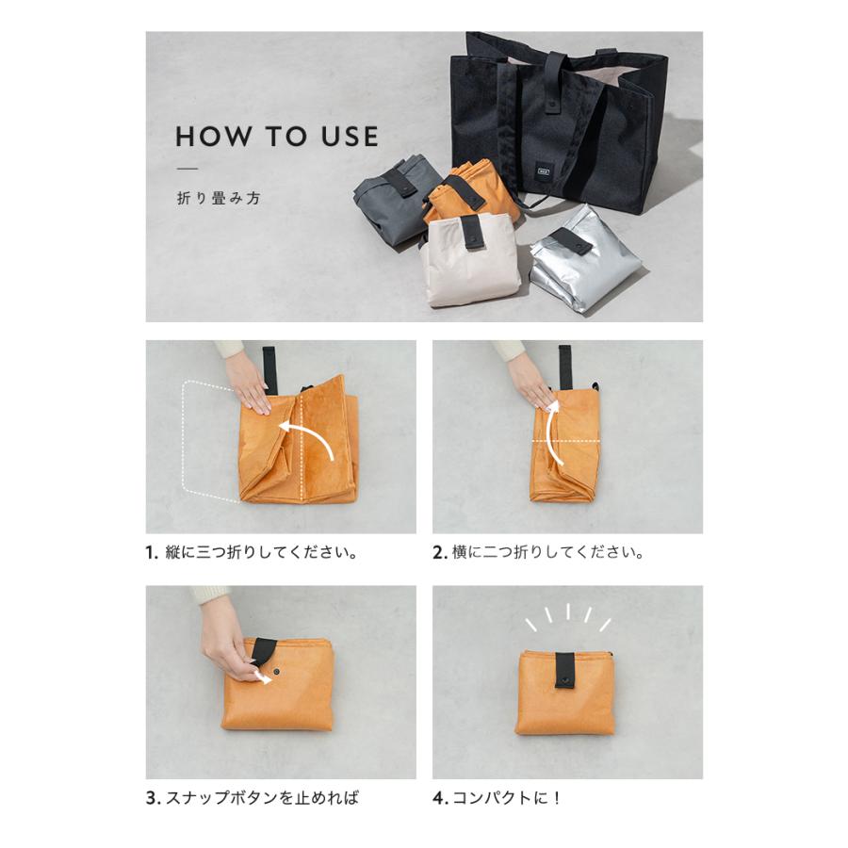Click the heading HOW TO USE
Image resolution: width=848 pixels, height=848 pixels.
pyautogui.click(x=277, y=137)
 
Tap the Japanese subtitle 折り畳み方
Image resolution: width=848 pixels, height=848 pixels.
pyautogui.click(x=219, y=199)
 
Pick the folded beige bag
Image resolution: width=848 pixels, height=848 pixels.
pyautogui.click(x=470, y=261)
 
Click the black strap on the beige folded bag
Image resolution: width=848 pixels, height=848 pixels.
pyautogui.click(x=472, y=233)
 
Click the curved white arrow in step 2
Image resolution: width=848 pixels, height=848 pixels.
pyautogui.click(x=548, y=431)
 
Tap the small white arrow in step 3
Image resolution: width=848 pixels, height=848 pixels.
pyautogui.click(x=263, y=677)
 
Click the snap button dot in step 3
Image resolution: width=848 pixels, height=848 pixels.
pyautogui.click(x=277, y=671)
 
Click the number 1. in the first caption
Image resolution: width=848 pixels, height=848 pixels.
pyautogui.click(x=152, y=553)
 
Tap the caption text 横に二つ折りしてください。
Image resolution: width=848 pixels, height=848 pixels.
pyautogui.click(x=547, y=553)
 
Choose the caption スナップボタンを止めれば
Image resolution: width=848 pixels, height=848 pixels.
pyautogui.click(x=262, y=798)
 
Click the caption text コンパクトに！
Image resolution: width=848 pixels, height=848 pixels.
pyautogui.click(x=506, y=798)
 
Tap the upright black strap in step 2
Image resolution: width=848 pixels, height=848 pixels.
pyautogui.click(x=565, y=367)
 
